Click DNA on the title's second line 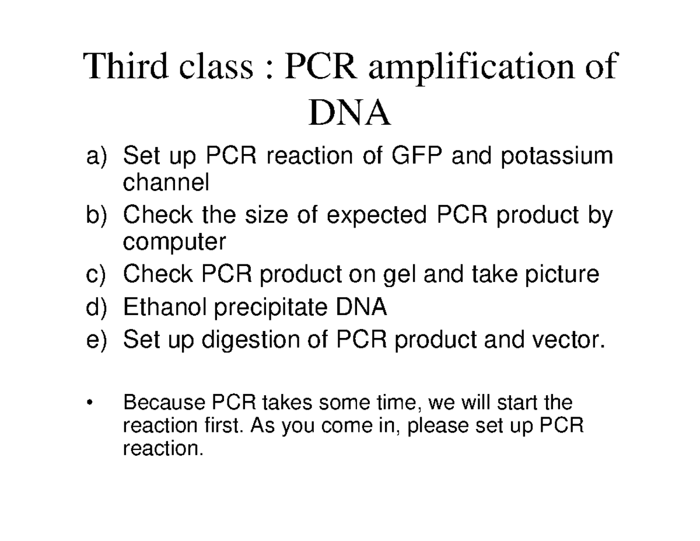(349, 114)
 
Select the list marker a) (97, 157)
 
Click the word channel (165, 183)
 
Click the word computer (173, 242)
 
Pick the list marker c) (97, 274)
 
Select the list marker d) (97, 307)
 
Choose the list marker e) (97, 340)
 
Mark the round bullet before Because (89, 403)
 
